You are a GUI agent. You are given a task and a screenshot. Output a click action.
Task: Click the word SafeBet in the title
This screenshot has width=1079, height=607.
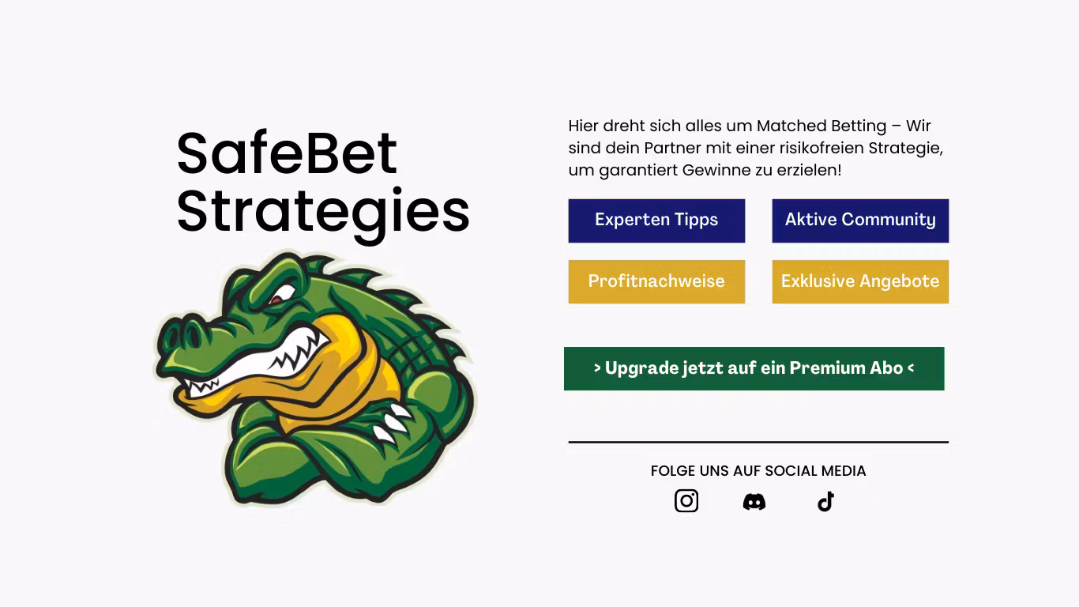(x=287, y=153)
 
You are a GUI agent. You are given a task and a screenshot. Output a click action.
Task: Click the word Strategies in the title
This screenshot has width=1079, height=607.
(x=322, y=212)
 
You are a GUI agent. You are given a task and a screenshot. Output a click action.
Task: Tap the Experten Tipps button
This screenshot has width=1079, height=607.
(x=656, y=221)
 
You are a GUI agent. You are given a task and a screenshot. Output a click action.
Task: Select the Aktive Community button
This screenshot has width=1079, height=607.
(x=860, y=221)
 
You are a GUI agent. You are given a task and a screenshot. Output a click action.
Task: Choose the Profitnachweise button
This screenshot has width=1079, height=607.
(x=656, y=281)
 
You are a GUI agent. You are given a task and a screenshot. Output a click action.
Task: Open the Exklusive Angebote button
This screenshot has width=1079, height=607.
(x=860, y=281)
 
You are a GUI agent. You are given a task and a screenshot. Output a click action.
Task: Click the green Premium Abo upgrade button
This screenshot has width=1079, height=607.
(x=754, y=368)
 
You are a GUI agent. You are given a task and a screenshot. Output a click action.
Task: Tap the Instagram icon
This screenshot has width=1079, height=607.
(x=686, y=501)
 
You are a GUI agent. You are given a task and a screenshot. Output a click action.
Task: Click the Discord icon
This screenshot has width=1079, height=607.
(x=754, y=502)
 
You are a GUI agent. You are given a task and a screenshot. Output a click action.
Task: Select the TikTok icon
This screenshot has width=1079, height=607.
(x=825, y=502)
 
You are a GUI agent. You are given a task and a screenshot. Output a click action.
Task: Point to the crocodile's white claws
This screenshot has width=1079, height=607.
(x=391, y=423)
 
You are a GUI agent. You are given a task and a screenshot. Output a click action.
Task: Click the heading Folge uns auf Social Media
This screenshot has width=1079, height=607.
(x=758, y=471)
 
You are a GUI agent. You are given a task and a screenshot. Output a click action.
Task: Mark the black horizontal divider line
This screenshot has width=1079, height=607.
(x=758, y=443)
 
